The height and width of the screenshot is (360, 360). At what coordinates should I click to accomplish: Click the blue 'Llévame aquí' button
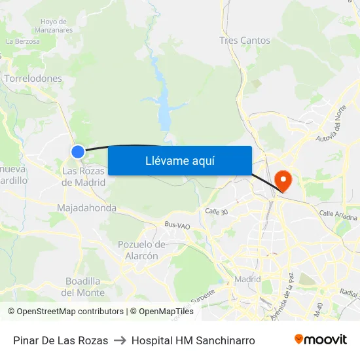pyautogui.click(x=179, y=160)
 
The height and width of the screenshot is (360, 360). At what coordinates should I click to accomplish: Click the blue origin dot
pyautogui.click(x=78, y=152)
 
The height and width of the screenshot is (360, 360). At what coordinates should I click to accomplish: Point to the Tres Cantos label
pyautogui.click(x=245, y=41)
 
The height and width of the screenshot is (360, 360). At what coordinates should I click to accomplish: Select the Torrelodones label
pyautogui.click(x=33, y=79)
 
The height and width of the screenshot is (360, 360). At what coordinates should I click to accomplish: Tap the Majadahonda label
pyautogui.click(x=86, y=208)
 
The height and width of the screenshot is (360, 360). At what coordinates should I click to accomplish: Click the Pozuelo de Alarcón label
pyautogui.click(x=141, y=250)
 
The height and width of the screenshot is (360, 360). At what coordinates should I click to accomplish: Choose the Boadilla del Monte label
pyautogui.click(x=83, y=287)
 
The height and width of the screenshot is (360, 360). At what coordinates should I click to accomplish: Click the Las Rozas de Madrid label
pyautogui.click(x=84, y=177)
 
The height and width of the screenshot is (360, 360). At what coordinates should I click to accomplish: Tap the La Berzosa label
pyautogui.click(x=23, y=41)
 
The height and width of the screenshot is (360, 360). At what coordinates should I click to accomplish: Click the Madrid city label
pyautogui.click(x=247, y=279)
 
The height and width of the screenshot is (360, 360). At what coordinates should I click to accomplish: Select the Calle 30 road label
pyautogui.click(x=216, y=211)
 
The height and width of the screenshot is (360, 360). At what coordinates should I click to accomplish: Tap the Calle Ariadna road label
pyautogui.click(x=338, y=215)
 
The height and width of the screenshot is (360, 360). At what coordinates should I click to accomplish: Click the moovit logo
pyautogui.click(x=320, y=339)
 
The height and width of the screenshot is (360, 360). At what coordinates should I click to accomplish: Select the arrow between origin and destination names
pyautogui.click(x=120, y=340)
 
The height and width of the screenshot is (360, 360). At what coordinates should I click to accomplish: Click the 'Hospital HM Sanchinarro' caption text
pyautogui.click(x=193, y=340)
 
